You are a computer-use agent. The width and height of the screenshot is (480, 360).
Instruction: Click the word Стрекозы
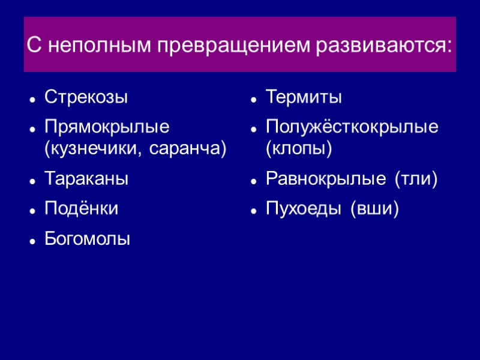(x=86, y=97)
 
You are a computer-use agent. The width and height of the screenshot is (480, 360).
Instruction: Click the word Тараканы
(x=86, y=179)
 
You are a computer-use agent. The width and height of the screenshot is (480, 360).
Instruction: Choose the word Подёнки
(x=82, y=209)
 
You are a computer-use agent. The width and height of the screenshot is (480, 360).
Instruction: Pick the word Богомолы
(x=88, y=239)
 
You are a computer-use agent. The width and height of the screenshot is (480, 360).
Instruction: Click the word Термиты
(x=304, y=97)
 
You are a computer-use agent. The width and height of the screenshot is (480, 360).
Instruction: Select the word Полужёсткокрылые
(x=352, y=127)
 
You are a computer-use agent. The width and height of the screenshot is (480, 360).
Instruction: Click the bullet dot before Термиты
(x=254, y=98)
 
